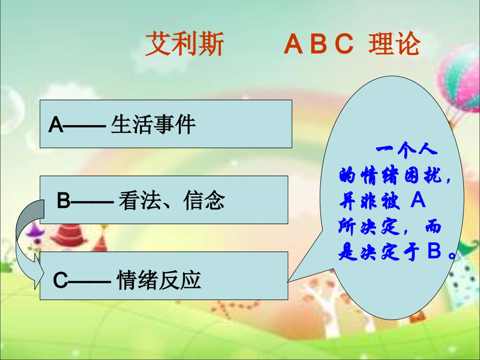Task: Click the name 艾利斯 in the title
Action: [x=184, y=44]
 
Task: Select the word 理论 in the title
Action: [x=395, y=44]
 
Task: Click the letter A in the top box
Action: [x=56, y=125]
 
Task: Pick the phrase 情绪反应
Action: [x=159, y=280]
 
